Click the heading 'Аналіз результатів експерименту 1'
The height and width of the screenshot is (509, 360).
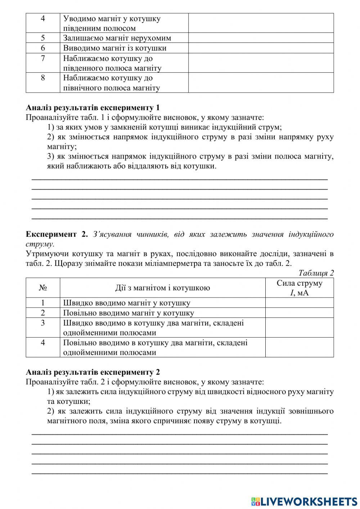click(93, 108)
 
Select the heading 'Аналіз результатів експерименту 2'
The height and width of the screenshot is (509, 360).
click(93, 372)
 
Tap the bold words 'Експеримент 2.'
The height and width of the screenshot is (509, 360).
click(57, 235)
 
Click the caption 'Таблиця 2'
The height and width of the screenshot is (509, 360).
click(316, 273)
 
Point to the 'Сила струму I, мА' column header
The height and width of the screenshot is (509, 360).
click(299, 287)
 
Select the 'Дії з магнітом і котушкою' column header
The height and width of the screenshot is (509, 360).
click(162, 287)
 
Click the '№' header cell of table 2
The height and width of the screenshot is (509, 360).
click(43, 287)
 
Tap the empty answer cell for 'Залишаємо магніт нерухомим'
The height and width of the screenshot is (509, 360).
click(261, 38)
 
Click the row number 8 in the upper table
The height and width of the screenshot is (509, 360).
click(43, 78)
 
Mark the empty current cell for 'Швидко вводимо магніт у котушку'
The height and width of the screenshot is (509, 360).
click(299, 303)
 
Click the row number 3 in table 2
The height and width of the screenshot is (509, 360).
click(43, 323)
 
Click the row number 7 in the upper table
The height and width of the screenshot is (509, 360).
click(43, 58)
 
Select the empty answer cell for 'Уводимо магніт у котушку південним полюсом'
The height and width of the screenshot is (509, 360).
click(261, 23)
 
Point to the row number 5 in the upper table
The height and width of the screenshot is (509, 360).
click(43, 38)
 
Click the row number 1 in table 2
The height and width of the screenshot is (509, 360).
click(43, 303)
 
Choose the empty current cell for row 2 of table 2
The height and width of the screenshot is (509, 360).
click(299, 313)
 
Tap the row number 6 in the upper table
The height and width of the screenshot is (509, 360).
click(43, 48)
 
